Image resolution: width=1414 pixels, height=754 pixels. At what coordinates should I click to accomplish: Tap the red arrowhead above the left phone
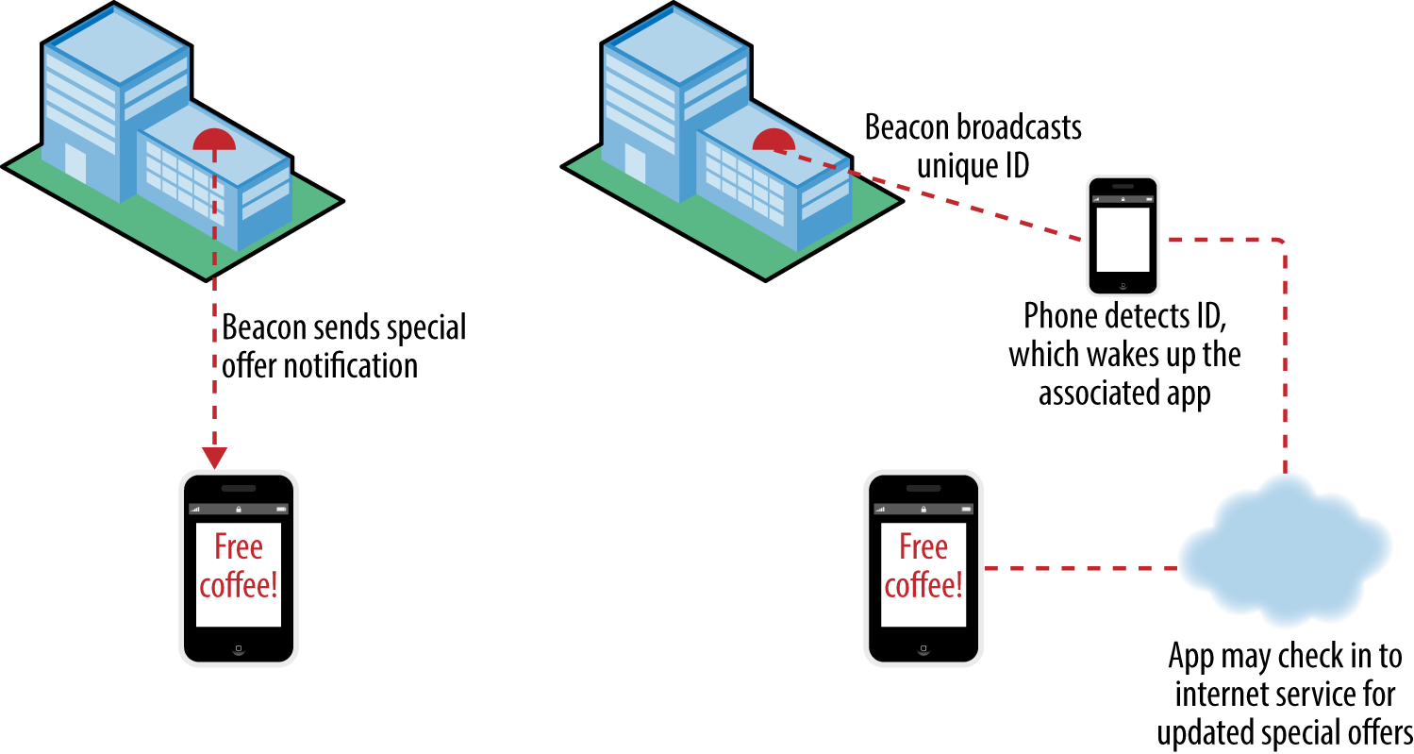tap(215, 458)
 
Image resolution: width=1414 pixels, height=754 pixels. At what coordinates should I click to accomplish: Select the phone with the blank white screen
tap(1123, 236)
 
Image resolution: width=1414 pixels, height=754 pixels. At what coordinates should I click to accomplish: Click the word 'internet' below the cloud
tap(1215, 695)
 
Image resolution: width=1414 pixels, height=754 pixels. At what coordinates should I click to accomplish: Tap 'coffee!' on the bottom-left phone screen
tap(239, 585)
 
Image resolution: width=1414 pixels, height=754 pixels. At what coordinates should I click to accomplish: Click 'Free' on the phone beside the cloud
tap(923, 547)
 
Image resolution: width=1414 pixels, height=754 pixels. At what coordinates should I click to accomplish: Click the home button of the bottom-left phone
tap(239, 648)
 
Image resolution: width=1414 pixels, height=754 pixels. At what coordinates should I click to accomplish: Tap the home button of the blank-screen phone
tap(1123, 285)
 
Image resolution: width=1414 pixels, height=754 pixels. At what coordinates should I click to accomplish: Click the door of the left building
tap(75, 164)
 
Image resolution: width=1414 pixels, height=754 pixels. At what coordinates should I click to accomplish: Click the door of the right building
tap(635, 164)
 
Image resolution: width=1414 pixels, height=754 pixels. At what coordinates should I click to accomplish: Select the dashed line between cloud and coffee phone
tap(1081, 568)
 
